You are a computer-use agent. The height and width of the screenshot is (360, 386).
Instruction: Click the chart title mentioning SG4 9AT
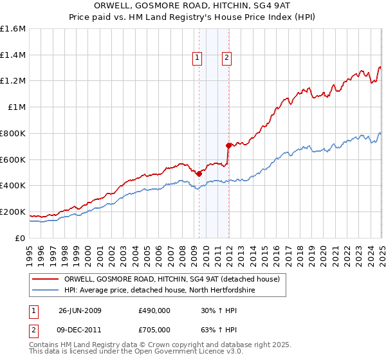(x=192, y=6)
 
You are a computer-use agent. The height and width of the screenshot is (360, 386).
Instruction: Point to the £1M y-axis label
(x=16, y=107)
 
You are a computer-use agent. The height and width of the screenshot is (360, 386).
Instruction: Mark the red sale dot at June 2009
(x=199, y=174)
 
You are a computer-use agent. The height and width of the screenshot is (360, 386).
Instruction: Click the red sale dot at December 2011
(x=228, y=145)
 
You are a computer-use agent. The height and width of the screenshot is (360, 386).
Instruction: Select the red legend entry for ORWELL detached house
(x=172, y=279)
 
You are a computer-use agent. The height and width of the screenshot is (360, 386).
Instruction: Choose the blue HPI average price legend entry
(x=160, y=291)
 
